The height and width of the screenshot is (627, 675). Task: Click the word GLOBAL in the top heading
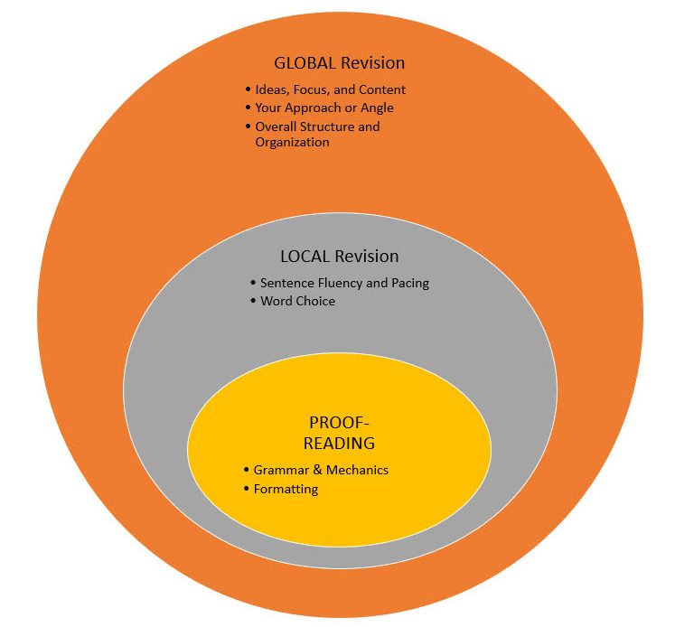[305, 63]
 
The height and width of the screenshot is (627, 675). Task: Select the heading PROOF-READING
[340, 433]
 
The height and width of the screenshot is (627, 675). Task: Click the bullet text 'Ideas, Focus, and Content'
[330, 89]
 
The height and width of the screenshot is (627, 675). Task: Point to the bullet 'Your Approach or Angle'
[324, 108]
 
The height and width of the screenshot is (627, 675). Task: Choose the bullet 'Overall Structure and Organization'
[317, 134]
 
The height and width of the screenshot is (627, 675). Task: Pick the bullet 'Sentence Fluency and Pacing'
[344, 283]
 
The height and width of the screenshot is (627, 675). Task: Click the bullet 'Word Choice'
[297, 301]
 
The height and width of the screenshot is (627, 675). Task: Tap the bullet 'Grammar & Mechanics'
[321, 470]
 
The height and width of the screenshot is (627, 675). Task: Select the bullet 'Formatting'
[286, 489]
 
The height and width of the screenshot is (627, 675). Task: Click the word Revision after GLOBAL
[372, 63]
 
